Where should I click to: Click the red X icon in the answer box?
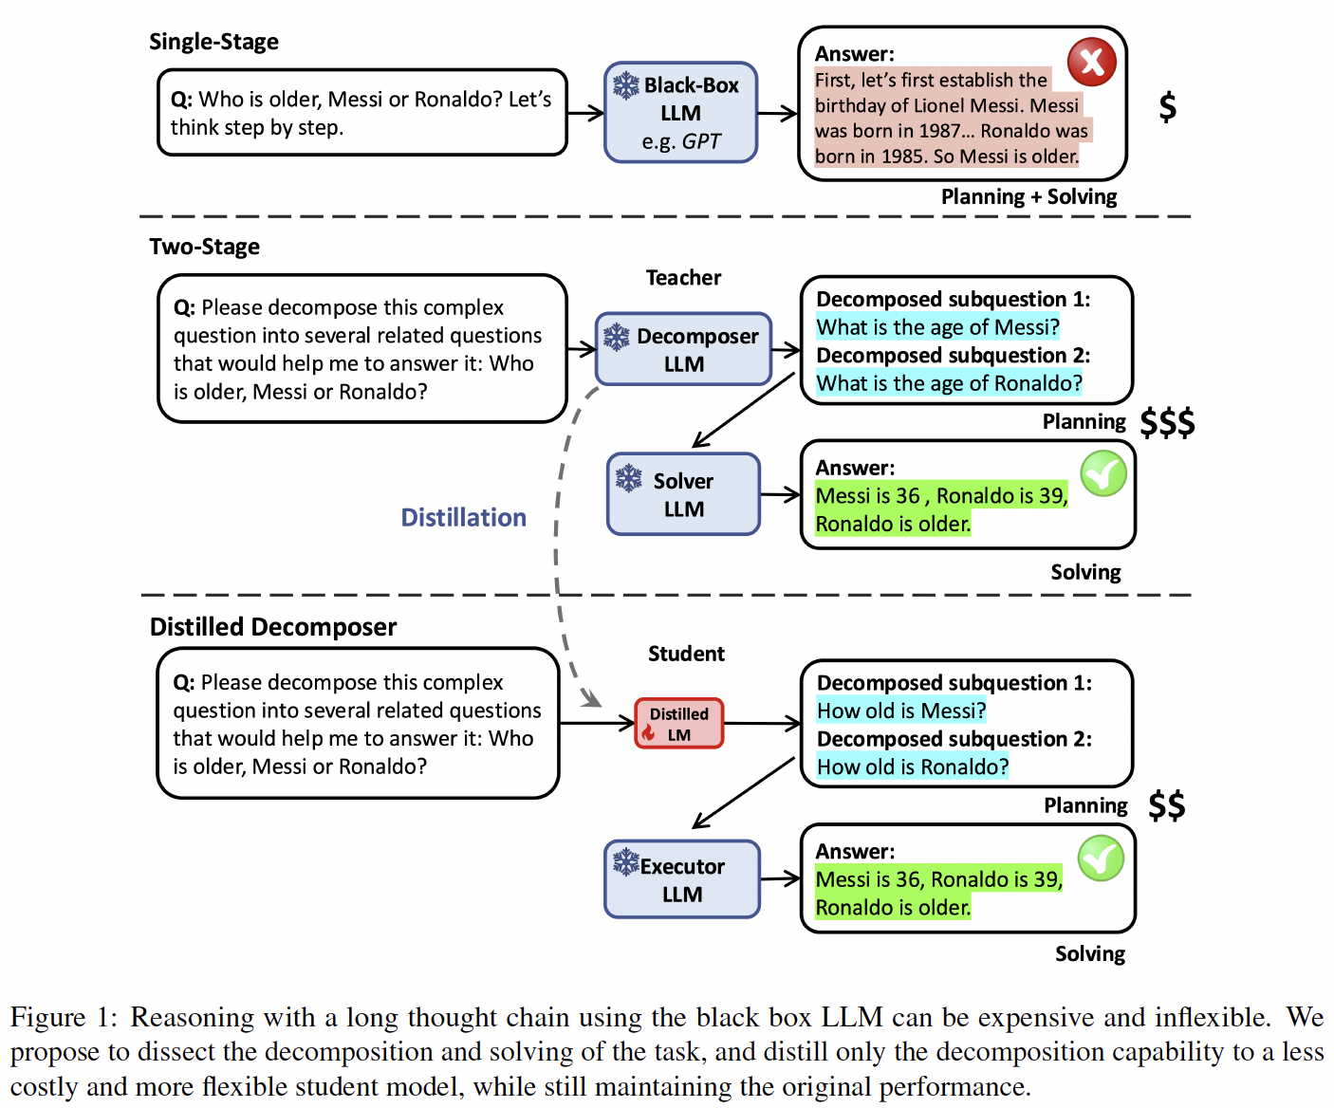point(1091,62)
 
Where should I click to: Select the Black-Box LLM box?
point(680,113)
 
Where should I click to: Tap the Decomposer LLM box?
point(684,349)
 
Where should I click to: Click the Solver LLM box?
point(683,494)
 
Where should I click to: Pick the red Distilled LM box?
point(678,724)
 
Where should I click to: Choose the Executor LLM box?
point(681,879)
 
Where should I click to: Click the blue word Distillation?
point(463,518)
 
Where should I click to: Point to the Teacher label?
point(683,277)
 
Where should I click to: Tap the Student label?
point(686,654)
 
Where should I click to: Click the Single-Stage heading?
point(214,42)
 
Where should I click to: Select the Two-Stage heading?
point(204,247)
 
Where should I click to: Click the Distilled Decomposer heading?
point(273,627)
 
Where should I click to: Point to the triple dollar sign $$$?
point(1167,422)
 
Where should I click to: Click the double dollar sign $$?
point(1167,805)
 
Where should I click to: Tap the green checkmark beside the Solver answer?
point(1103,473)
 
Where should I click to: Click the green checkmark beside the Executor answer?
point(1101,859)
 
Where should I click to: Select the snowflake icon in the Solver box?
point(629,478)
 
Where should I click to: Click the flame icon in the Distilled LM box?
point(648,732)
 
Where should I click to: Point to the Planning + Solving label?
point(1028,196)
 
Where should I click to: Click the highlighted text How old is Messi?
point(901,711)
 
